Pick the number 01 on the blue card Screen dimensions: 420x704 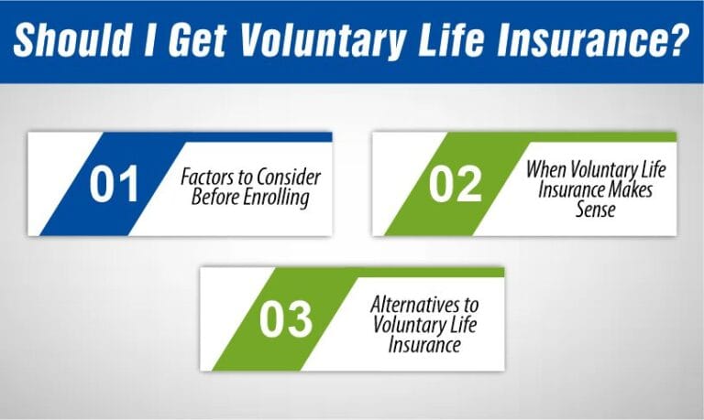[x=114, y=184]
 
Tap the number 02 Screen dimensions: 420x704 [x=455, y=184]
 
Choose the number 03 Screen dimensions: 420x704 [x=285, y=318]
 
